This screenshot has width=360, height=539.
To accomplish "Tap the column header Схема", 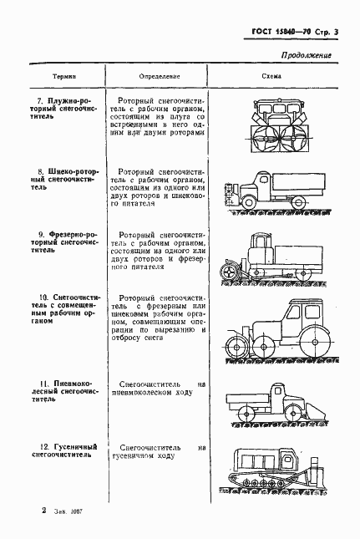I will pos(271,74).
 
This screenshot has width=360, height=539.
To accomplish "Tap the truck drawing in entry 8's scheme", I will pos(271,192).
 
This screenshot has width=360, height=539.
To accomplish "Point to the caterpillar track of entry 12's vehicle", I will pos(266,484).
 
